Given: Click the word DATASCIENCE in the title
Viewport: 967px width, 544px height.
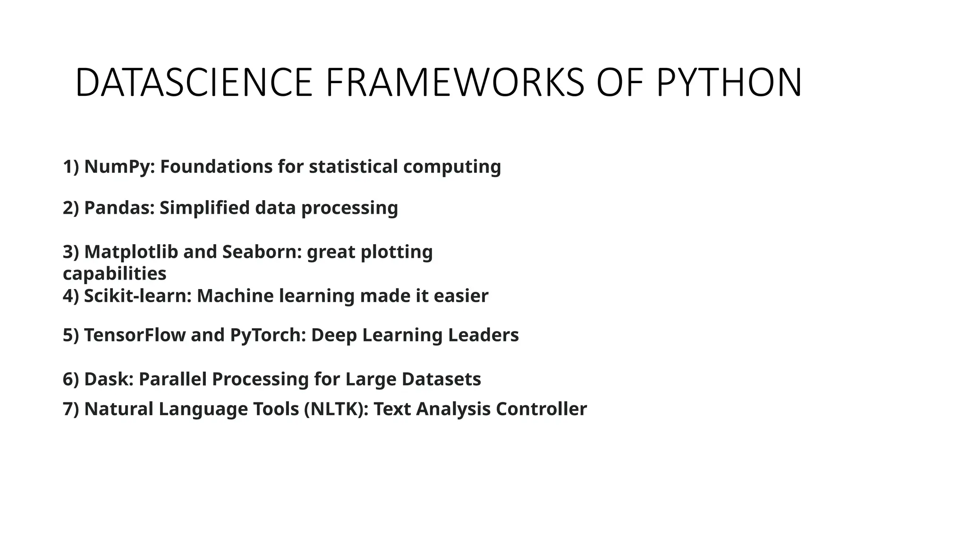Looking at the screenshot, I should (194, 83).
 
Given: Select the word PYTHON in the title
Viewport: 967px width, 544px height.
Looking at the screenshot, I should (729, 83).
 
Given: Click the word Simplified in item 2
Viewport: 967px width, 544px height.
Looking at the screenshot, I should (204, 208).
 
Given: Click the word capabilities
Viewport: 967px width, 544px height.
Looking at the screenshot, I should (115, 274).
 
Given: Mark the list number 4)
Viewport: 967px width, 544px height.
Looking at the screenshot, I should (71, 296).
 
